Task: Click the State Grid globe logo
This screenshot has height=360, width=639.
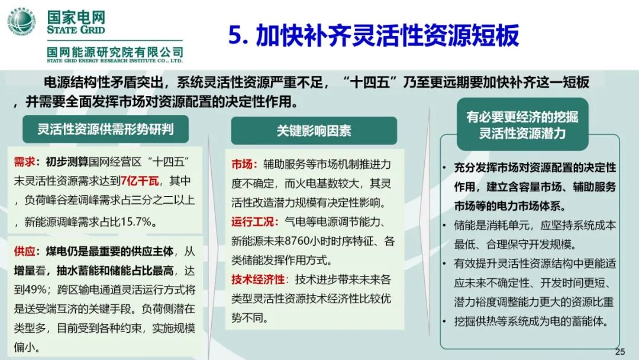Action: point(21,22)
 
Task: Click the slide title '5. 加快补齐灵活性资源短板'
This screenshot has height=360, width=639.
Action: point(373,36)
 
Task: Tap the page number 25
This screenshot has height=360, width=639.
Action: point(620,352)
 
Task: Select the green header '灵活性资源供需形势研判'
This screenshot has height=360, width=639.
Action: point(105,129)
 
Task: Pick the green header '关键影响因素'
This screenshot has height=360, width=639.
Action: point(314,130)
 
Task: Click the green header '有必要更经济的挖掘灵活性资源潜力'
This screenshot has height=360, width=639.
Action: point(522,125)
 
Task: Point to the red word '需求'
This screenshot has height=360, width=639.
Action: point(24,162)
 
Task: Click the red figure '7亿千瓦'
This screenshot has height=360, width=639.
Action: point(140,181)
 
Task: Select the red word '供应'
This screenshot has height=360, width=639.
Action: point(24,250)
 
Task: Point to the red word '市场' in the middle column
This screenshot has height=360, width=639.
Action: point(242,164)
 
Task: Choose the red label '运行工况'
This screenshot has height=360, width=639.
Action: point(253,222)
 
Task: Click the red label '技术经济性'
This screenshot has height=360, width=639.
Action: point(258,279)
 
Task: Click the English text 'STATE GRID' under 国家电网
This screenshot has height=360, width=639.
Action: point(76,30)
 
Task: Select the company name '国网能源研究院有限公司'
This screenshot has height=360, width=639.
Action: point(115,52)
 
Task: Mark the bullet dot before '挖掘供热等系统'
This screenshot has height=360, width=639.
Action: point(444,322)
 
